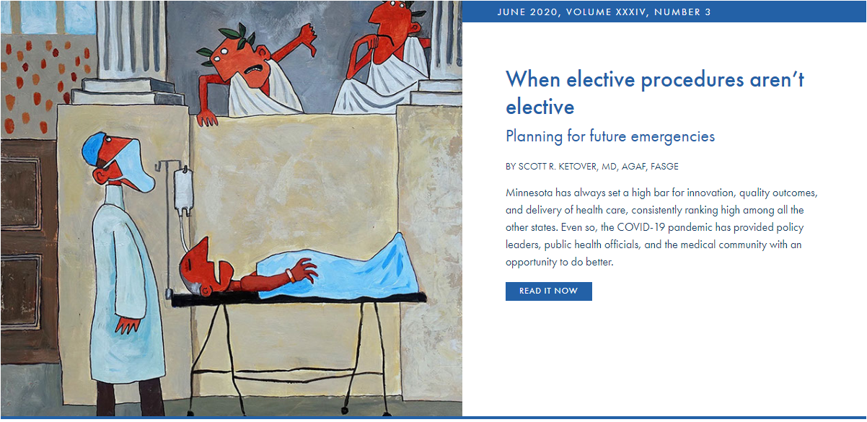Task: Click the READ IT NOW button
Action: click(548, 291)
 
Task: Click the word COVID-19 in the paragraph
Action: click(641, 227)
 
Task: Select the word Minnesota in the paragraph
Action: click(529, 193)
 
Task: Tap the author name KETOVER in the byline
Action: click(578, 167)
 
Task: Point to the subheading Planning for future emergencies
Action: click(610, 136)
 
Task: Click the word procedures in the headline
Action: click(692, 80)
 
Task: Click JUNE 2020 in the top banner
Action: click(527, 12)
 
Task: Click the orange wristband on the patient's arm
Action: click(289, 276)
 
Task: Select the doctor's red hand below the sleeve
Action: click(128, 325)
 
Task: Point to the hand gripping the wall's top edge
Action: click(207, 118)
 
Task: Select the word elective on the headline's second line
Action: click(540, 107)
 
